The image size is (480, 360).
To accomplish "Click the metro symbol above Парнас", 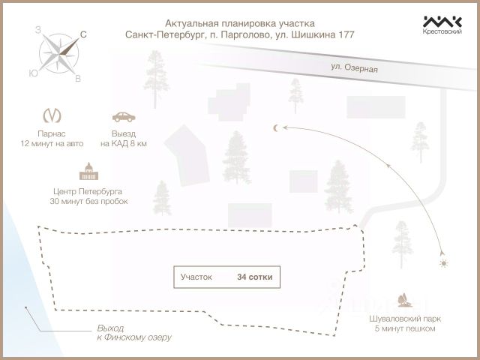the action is (52, 116).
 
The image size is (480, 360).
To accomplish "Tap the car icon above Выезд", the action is (124, 116).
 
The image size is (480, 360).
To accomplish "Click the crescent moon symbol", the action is (276, 128).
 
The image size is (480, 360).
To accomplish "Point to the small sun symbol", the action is (444, 263).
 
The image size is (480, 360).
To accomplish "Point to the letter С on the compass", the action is (82, 34).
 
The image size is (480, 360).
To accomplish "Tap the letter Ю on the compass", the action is (33, 73).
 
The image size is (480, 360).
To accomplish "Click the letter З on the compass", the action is (37, 30).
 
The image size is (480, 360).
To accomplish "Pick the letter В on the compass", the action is (78, 78).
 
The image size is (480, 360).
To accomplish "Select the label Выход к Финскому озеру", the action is (133, 333).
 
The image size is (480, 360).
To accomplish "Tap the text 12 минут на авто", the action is (52, 142).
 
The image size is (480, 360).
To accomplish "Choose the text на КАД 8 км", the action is (124, 142).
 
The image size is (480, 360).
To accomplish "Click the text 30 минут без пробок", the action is (88, 202).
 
